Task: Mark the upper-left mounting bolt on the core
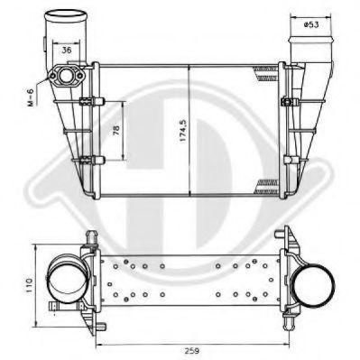(87, 100)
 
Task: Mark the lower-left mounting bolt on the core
(87, 162)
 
